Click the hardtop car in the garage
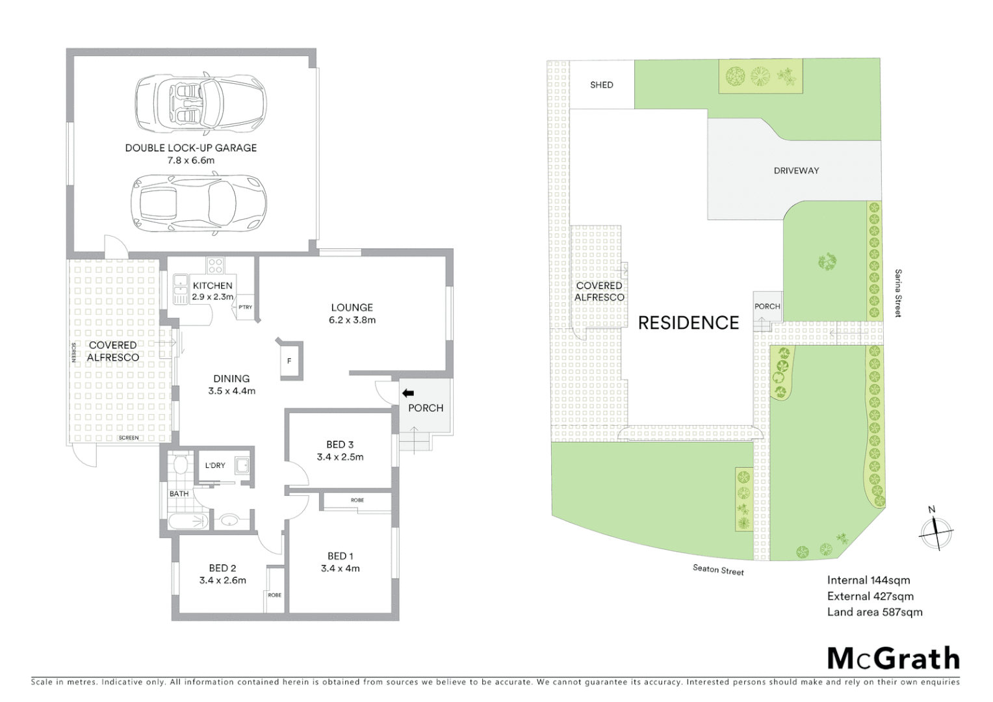pyautogui.click(x=199, y=202)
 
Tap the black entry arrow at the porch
pyautogui.click(x=408, y=393)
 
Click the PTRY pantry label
pyautogui.click(x=245, y=307)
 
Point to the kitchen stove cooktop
pyautogui.click(x=215, y=265)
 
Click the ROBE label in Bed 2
pyautogui.click(x=274, y=595)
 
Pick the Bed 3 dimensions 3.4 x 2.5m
pyautogui.click(x=340, y=457)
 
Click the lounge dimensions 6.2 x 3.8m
pyautogui.click(x=352, y=320)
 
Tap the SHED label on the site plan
pyautogui.click(x=601, y=84)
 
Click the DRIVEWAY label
pyautogui.click(x=796, y=170)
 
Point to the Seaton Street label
pyautogui.click(x=718, y=569)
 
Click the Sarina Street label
pyautogui.click(x=898, y=293)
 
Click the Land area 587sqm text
pyautogui.click(x=874, y=612)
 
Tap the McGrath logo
pyautogui.click(x=893, y=658)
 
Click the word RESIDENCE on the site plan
pyautogui.click(x=688, y=323)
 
